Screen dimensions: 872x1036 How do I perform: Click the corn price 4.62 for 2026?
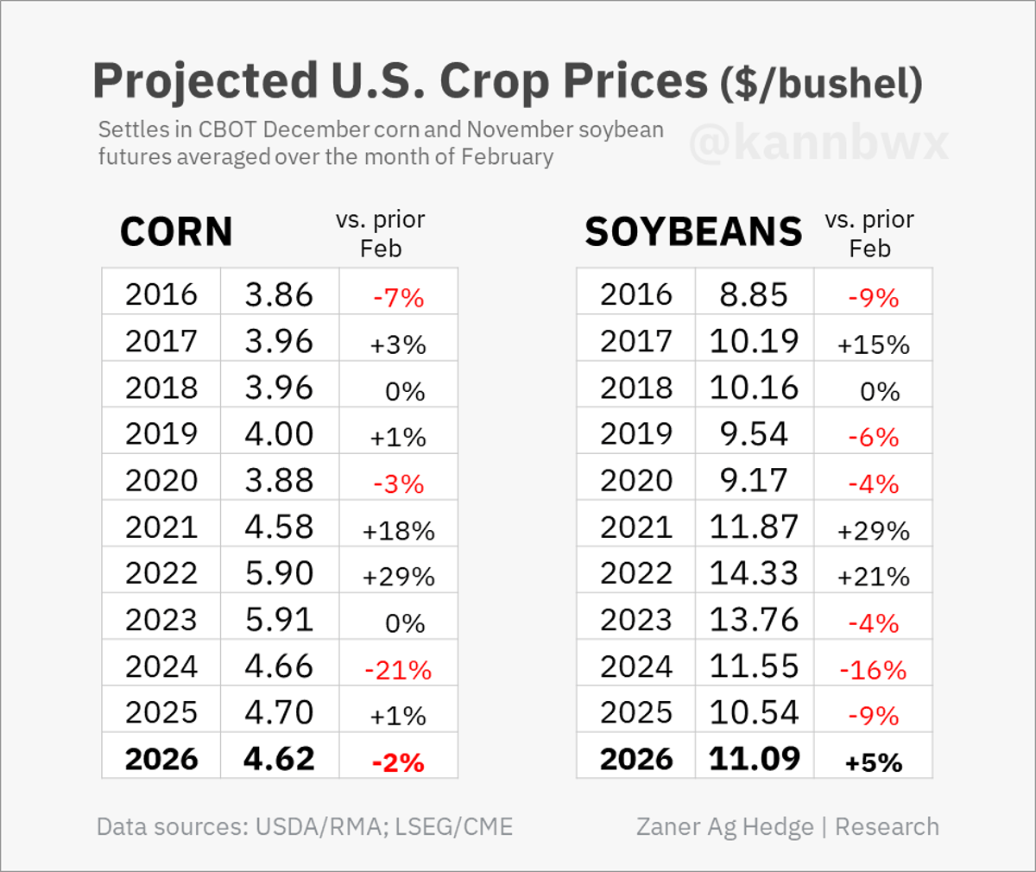(279, 758)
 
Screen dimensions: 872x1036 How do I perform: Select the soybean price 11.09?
(754, 758)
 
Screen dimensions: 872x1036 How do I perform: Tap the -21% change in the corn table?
(398, 670)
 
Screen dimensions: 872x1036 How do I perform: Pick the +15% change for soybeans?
(873, 344)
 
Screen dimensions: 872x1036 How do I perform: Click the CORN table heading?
(176, 231)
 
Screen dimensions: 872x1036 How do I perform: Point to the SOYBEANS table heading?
(693, 231)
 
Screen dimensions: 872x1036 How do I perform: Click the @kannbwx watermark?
(818, 142)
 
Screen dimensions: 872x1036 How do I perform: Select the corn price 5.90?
(279, 573)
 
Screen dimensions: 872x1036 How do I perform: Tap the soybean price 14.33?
(754, 573)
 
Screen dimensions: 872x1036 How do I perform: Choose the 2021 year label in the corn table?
(161, 527)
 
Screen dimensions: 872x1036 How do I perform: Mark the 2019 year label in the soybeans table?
(636, 433)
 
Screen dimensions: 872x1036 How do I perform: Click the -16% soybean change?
(873, 670)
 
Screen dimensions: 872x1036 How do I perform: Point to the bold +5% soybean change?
(873, 762)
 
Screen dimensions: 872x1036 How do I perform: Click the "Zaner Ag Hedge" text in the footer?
(724, 826)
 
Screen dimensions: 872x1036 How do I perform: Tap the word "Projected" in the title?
(205, 81)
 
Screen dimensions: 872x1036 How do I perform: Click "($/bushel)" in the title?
(821, 83)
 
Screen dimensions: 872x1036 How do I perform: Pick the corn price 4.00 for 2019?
(279, 433)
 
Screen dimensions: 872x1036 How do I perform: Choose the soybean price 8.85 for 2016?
(754, 294)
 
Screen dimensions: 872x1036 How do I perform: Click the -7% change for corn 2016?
(398, 298)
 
